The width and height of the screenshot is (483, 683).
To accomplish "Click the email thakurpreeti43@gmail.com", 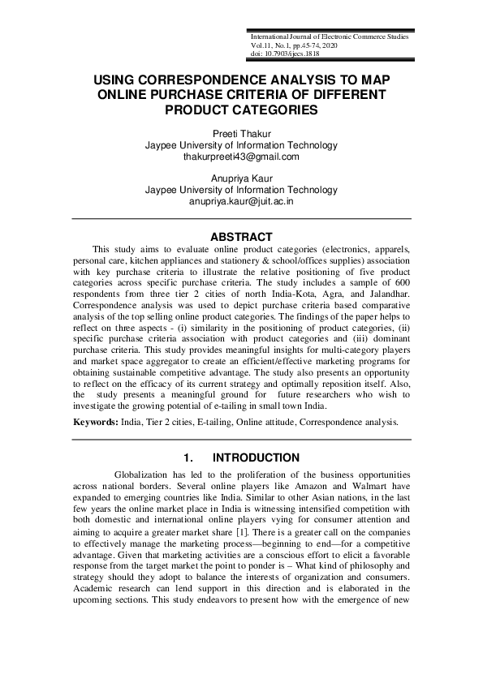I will [241, 157].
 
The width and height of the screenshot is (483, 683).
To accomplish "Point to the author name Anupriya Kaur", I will [241, 178].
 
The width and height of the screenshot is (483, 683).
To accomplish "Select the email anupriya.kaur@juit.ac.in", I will [241, 201].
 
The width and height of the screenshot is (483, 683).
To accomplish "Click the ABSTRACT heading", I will [241, 237].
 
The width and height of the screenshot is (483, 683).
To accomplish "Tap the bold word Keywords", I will [96, 423].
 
